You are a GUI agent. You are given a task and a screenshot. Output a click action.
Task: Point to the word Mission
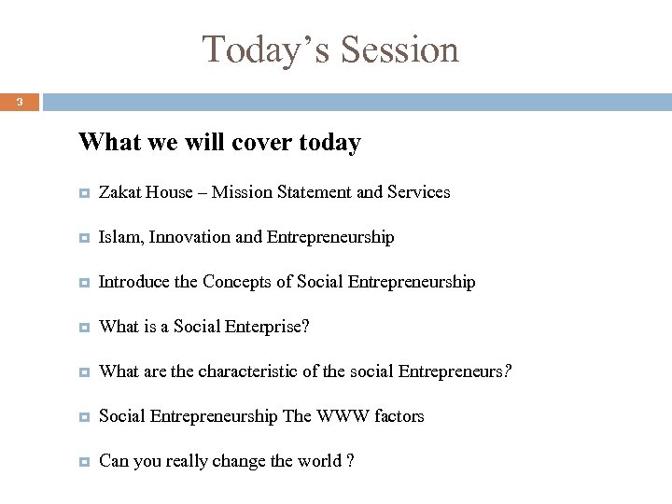243,192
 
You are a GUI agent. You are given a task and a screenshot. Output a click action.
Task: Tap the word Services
417,192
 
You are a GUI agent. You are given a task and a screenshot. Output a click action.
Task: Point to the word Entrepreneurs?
455,371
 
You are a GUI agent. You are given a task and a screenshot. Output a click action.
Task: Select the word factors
399,416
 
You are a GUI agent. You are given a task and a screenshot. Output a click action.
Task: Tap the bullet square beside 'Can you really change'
84,461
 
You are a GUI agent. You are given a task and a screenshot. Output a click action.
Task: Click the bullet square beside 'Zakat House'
84,193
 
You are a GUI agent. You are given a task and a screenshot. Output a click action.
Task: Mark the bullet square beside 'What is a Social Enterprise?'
84,328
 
